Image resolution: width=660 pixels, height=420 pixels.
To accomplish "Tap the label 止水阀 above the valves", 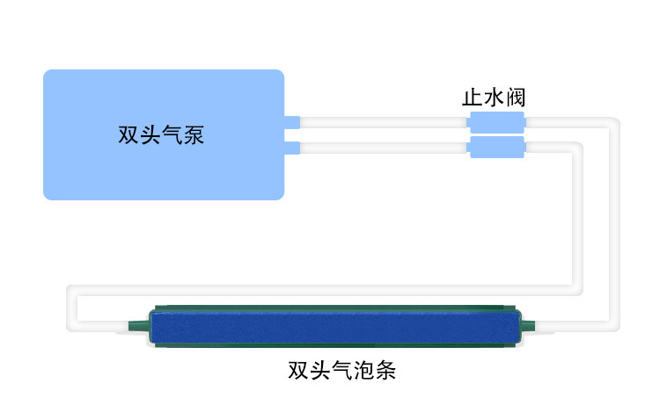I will pos(495,97).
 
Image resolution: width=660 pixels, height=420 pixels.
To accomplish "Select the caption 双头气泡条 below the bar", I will pos(341,370).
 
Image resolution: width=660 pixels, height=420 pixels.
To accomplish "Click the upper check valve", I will pos(496,122).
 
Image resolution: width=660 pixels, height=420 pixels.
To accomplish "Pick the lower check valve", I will pos(496,147).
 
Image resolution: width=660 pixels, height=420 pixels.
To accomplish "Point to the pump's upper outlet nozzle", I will pos(292,122).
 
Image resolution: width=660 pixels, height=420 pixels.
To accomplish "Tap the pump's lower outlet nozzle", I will pos(292,146).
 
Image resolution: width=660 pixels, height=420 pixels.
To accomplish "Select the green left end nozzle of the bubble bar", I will pos(137,326).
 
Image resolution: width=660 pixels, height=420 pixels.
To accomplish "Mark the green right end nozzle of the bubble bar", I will pos(528,326).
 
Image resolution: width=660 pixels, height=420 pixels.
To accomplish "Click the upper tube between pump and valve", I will pos(383,122).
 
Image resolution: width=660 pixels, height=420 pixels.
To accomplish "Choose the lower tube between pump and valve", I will pos(383,147).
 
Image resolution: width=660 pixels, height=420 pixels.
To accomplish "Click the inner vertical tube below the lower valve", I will pos(576,220).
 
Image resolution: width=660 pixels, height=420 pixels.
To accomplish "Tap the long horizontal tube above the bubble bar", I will pos(326,291).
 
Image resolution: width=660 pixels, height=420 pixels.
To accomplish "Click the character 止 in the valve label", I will pos(473,97).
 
